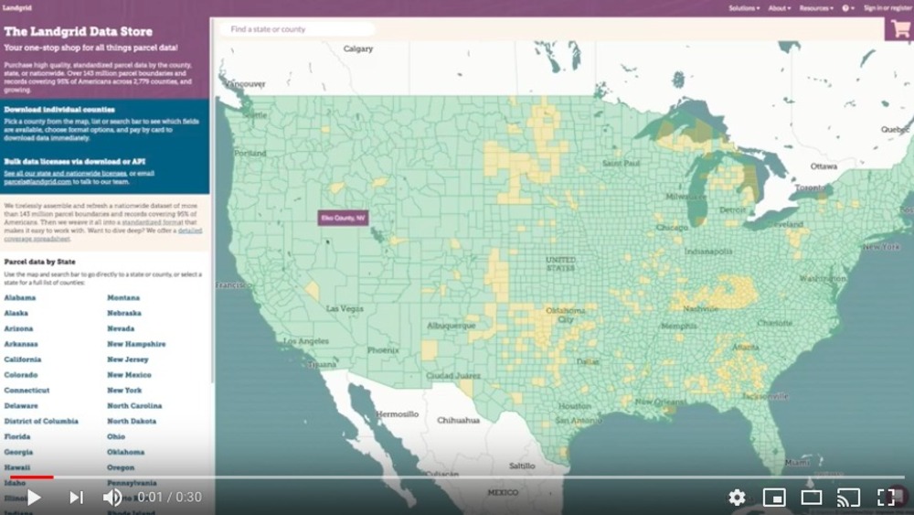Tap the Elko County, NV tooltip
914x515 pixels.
point(342,219)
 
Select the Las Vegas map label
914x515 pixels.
point(345,309)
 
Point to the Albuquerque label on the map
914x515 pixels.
point(451,325)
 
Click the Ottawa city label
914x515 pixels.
point(824,166)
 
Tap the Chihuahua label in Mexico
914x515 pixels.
point(458,421)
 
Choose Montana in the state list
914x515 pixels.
point(123,297)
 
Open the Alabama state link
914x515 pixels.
point(20,297)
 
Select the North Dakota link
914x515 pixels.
point(131,421)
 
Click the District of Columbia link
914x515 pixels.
point(41,421)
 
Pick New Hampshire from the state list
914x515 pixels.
point(136,344)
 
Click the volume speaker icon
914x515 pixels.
point(112,498)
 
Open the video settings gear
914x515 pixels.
point(737,498)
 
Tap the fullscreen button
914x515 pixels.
point(886,498)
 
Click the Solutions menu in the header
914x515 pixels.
point(743,8)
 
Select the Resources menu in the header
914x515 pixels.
point(815,8)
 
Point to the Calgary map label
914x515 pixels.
point(358,48)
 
